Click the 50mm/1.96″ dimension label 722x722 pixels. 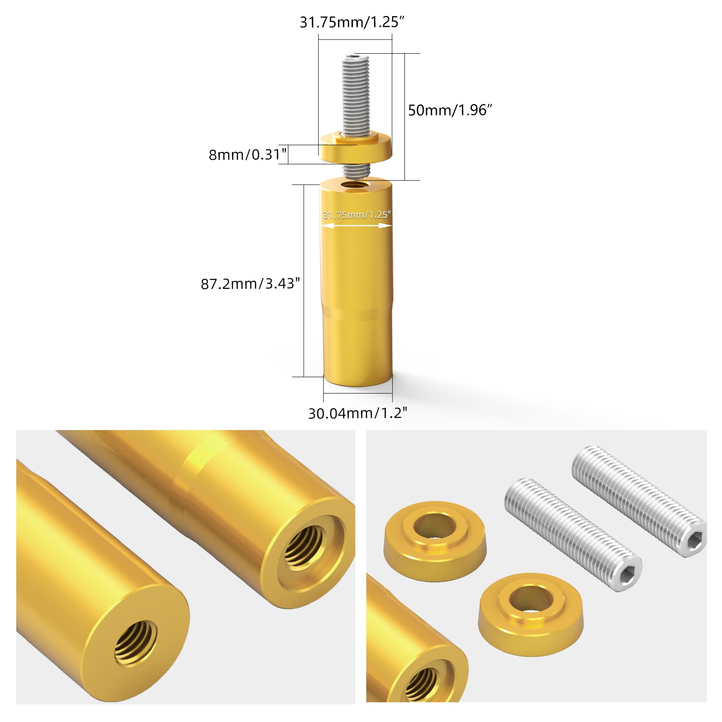pyautogui.click(x=450, y=110)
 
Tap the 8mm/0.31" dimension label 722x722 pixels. pyautogui.click(x=247, y=155)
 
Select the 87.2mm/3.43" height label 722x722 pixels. pyautogui.click(x=250, y=284)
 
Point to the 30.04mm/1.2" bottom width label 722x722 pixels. pyautogui.click(x=357, y=413)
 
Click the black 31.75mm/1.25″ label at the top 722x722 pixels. pyautogui.click(x=352, y=22)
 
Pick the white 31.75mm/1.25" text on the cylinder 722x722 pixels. pyautogui.click(x=356, y=215)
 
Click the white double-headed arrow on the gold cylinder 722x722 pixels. pyautogui.click(x=356, y=225)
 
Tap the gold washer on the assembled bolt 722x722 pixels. pyautogui.click(x=356, y=147)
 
